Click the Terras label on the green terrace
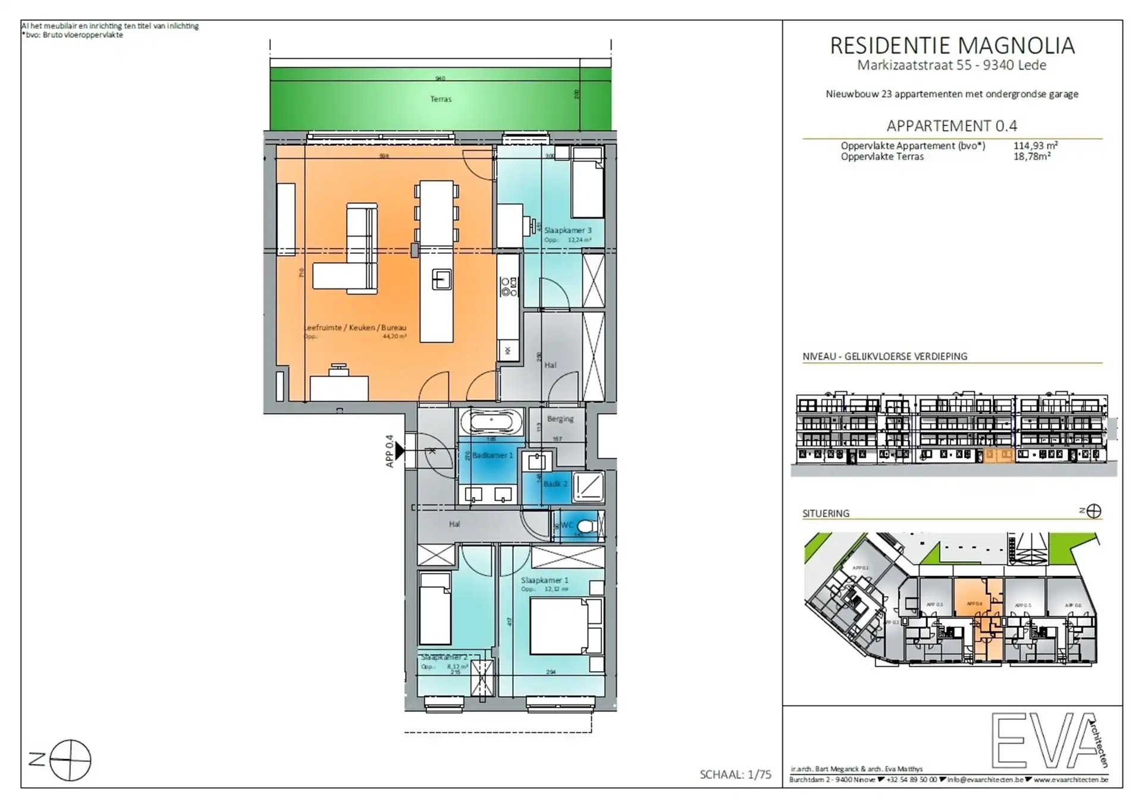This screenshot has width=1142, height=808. tap(441, 99)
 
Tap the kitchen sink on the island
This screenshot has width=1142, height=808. tap(441, 279)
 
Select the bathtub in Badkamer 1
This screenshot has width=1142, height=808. tap(491, 423)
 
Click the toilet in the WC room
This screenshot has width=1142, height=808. tap(586, 526)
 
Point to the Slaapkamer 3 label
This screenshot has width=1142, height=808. tap(567, 231)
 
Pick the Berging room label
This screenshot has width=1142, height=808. tap(560, 419)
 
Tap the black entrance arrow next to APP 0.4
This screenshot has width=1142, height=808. tap(400, 451)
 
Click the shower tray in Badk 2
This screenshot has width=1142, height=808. tap(589, 487)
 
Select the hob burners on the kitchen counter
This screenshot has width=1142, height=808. tap(509, 287)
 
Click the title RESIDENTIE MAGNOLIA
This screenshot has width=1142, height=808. tap(952, 46)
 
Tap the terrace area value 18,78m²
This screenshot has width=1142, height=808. tap(1032, 156)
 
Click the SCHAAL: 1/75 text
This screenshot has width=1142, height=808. tap(735, 775)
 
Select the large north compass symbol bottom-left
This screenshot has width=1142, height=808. tap(70, 760)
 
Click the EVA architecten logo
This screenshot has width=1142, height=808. tap(1047, 740)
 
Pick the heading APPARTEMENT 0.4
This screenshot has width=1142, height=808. tap(952, 126)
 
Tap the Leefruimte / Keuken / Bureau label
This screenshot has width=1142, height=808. tap(356, 328)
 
